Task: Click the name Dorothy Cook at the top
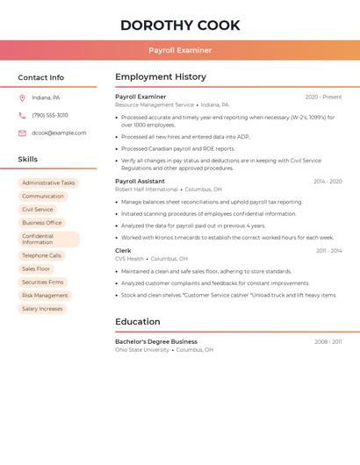click(180, 25)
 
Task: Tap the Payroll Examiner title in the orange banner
click(180, 50)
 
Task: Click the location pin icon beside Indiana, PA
click(22, 97)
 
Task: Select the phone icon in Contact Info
click(22, 115)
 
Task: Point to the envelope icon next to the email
click(22, 133)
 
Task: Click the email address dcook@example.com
click(59, 133)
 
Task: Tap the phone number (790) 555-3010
click(50, 115)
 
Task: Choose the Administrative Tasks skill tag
click(48, 183)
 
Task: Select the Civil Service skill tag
click(38, 210)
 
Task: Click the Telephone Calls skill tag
click(41, 255)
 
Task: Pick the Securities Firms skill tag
click(43, 283)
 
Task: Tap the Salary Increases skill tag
click(42, 309)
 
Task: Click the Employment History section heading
click(161, 77)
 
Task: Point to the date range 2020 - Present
click(323, 97)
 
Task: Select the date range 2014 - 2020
click(328, 182)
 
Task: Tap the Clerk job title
click(123, 251)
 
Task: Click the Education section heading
click(138, 322)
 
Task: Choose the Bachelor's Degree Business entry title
click(156, 341)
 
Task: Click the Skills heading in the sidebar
click(28, 160)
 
